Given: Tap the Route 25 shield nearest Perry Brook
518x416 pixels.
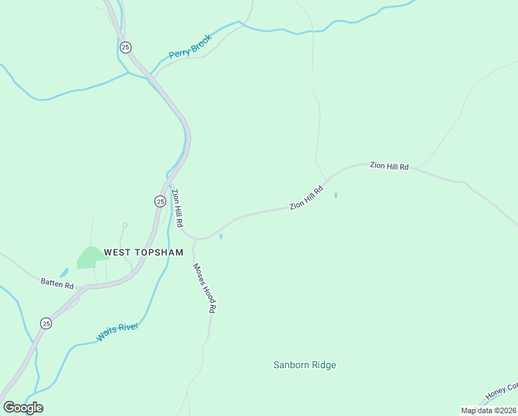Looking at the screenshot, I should click(125, 47).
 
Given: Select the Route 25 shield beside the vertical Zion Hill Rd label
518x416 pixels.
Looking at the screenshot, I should click(160, 201).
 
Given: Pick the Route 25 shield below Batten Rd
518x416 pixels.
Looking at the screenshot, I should click(46, 323).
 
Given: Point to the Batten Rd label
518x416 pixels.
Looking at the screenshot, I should click(57, 284).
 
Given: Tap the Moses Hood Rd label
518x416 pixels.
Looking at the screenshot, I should click(205, 288).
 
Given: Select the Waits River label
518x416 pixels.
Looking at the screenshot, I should click(118, 332).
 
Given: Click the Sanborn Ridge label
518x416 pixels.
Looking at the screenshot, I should click(305, 365).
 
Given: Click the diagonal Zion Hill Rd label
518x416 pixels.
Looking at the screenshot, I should click(306, 197).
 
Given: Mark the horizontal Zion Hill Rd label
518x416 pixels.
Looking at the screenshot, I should click(389, 166).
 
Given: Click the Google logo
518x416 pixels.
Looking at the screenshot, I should click(23, 408).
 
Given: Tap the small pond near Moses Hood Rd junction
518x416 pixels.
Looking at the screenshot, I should click(221, 237).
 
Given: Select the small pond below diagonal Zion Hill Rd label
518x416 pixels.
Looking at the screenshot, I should click(336, 196).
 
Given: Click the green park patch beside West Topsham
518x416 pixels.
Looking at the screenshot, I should click(88, 257).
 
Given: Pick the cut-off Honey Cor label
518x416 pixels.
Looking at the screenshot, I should click(501, 392).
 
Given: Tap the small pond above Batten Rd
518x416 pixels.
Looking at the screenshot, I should click(64, 273).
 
